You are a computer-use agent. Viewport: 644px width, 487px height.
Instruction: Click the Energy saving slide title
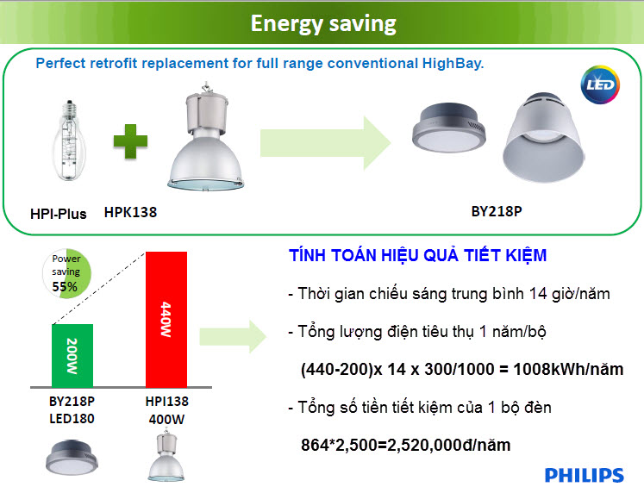coord(322,22)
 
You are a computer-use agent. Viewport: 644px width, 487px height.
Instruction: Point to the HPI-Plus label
coord(58,213)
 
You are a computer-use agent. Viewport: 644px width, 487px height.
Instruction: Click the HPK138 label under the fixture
coord(130,211)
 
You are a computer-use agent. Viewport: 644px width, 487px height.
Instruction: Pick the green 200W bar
coord(72,355)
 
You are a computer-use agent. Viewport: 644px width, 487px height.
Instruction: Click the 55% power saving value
coord(65,286)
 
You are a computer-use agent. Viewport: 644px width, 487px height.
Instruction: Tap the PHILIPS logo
coord(584,475)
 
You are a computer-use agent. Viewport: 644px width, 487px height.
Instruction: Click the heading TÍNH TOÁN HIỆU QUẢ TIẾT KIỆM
coord(418,257)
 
